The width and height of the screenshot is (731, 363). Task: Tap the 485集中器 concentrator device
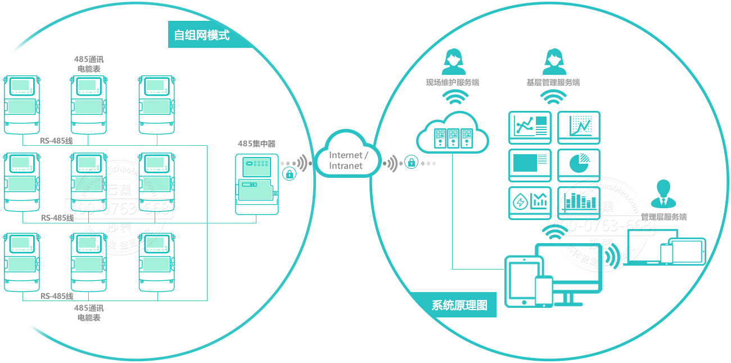(x=257, y=184)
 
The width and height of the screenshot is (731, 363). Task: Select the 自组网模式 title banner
(x=202, y=35)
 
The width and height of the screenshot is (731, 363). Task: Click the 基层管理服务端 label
(x=553, y=83)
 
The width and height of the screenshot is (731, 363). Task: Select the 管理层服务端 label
(x=664, y=217)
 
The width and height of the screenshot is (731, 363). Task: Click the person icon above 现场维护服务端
(x=453, y=61)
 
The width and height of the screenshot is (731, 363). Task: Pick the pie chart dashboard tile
(x=579, y=164)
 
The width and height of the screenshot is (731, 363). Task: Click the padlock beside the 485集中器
(x=290, y=174)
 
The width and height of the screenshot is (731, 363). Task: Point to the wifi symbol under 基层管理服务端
(x=553, y=98)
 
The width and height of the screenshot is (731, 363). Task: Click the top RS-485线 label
(x=56, y=141)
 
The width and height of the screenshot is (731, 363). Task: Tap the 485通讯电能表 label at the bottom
(x=89, y=313)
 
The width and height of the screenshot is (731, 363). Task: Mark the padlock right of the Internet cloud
(x=412, y=163)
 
